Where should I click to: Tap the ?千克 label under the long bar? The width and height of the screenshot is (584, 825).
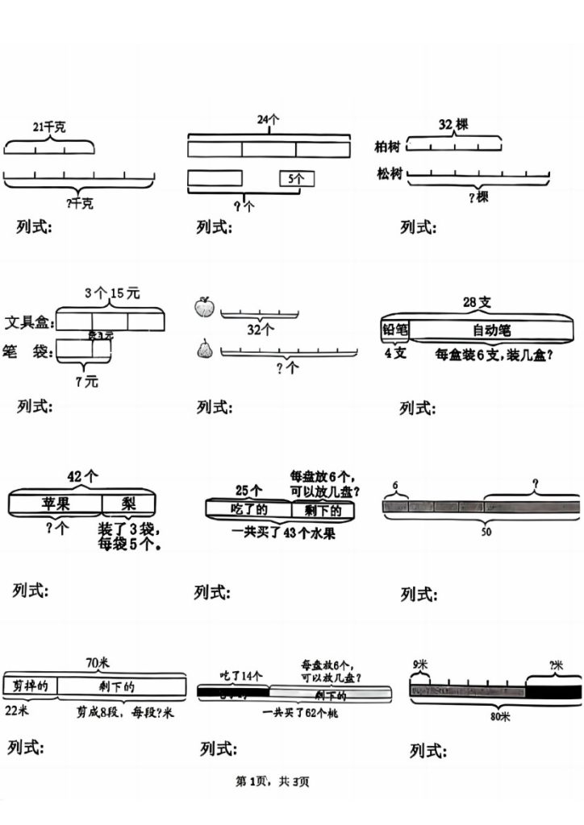[x=79, y=204]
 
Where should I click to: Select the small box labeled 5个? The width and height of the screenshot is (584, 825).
[x=297, y=179]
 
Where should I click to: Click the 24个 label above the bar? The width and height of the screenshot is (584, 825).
[x=268, y=119]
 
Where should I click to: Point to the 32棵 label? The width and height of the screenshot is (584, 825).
[x=453, y=125]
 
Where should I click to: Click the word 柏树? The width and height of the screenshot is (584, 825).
[x=388, y=147]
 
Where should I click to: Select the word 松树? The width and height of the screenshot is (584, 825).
[x=390, y=174]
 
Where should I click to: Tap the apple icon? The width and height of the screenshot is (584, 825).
[x=203, y=308]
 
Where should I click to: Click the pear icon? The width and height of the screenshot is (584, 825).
[x=203, y=349]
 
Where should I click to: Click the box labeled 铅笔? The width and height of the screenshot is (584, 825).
[x=395, y=330]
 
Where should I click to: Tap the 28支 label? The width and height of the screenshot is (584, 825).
[x=477, y=302]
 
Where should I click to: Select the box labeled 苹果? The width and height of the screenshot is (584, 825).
[x=55, y=504]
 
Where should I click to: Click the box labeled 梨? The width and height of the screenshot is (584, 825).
[x=129, y=504]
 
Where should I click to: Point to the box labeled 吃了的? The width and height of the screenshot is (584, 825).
[x=248, y=509]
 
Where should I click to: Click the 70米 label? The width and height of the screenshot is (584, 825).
[x=98, y=663]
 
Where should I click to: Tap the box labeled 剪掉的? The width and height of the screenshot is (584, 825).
[x=31, y=686]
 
